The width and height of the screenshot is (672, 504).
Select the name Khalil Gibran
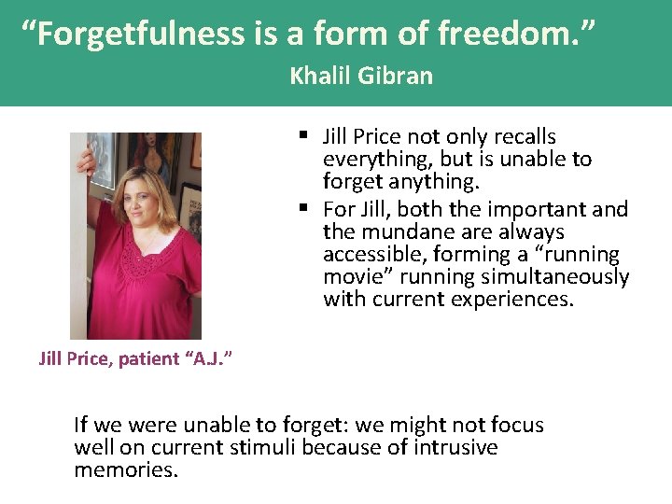click(x=361, y=76)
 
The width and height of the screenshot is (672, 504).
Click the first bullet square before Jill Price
click(x=304, y=136)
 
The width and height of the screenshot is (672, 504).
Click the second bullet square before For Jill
click(x=304, y=209)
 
